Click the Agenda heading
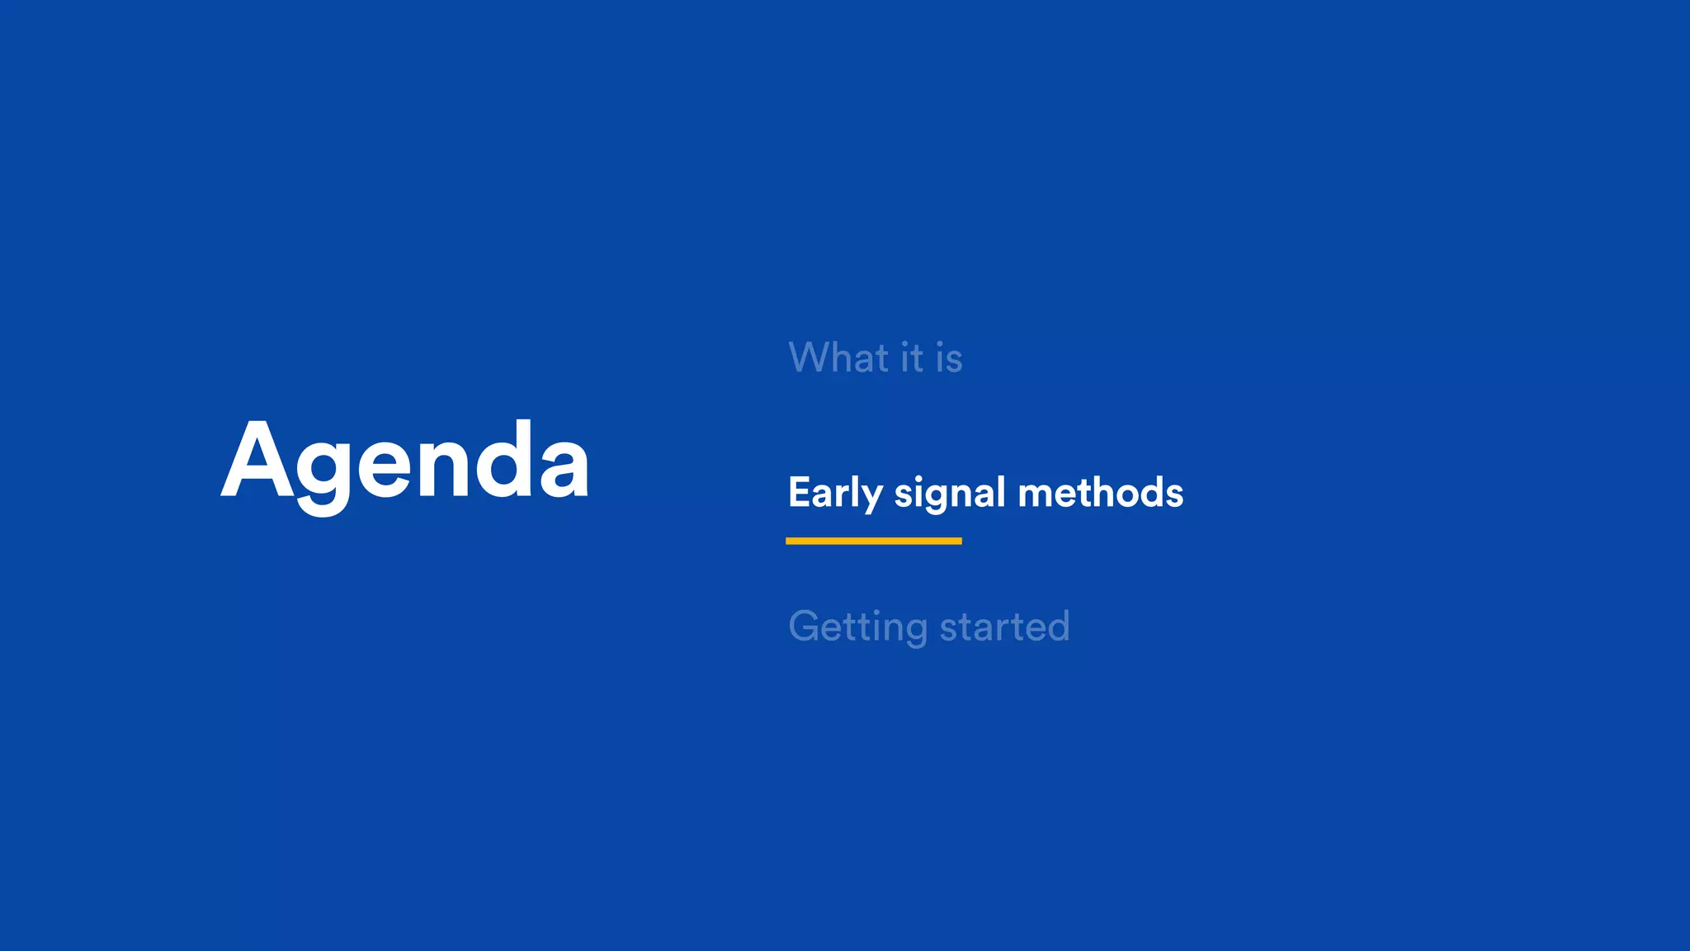tap(404, 462)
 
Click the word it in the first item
tap(912, 358)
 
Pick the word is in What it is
tap(949, 358)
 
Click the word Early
tap(835, 493)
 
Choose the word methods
tap(1101, 493)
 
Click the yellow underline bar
tap(873, 541)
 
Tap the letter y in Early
tap(872, 497)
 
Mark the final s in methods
tap(1173, 494)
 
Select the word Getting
tap(858, 627)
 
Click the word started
tap(1004, 627)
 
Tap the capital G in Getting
tap(806, 626)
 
